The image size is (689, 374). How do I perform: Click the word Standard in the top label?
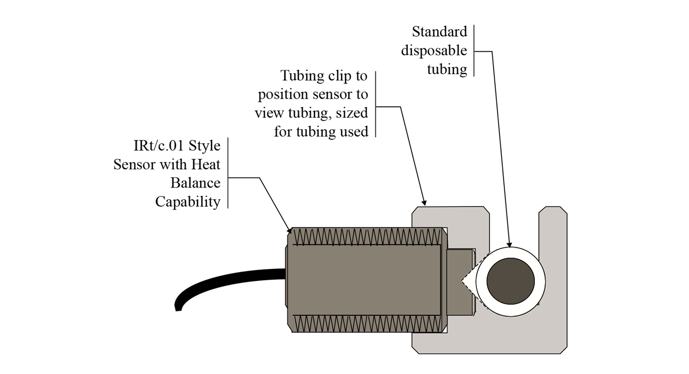tap(439, 32)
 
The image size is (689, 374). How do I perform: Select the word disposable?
tap(434, 51)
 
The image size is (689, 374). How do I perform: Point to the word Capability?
tap(188, 202)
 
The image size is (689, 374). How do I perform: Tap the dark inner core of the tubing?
tap(511, 281)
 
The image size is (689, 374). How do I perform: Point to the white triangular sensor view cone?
tap(470, 282)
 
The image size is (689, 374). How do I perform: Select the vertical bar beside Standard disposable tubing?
tap(474, 51)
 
